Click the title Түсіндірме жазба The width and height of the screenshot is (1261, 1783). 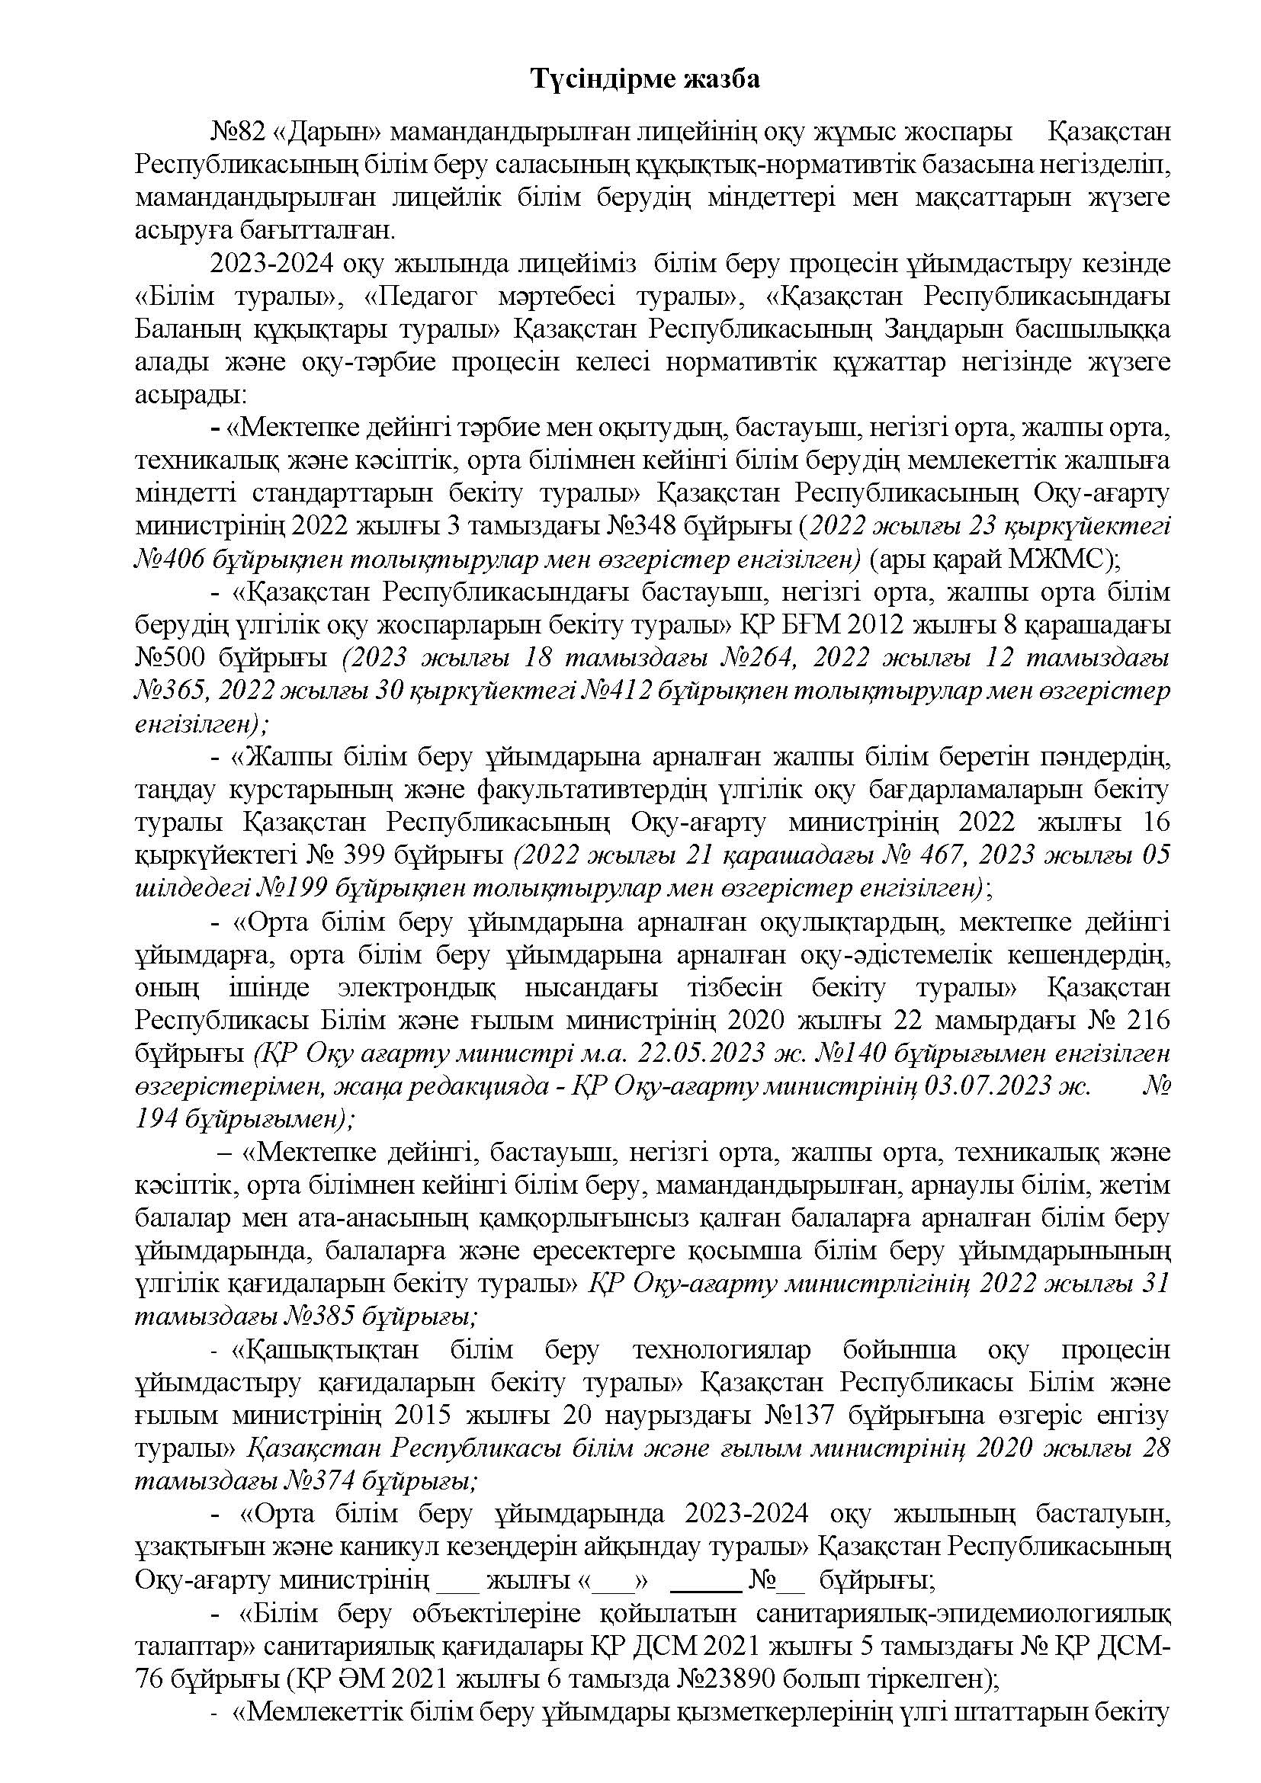point(645,80)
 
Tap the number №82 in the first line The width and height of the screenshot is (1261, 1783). point(238,133)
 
